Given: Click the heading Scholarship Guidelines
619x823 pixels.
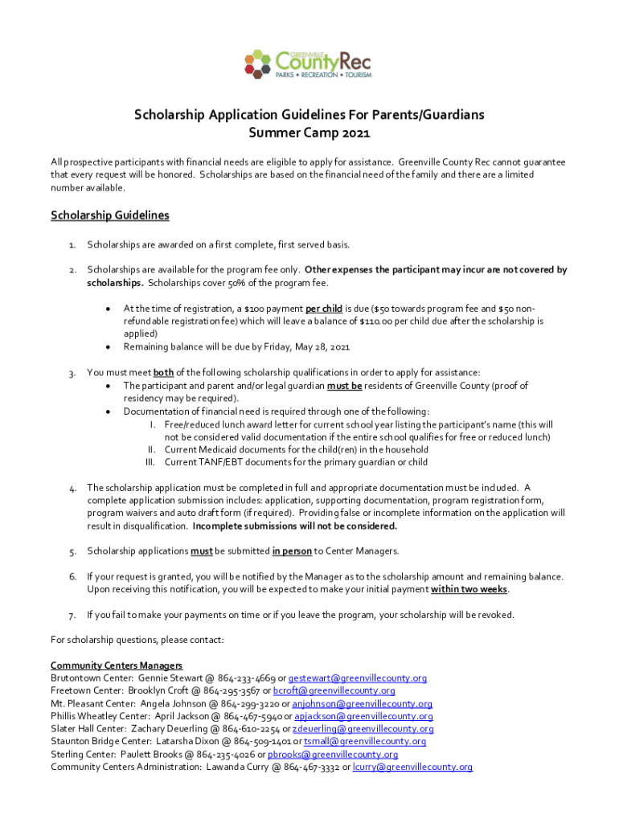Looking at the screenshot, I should point(110,215).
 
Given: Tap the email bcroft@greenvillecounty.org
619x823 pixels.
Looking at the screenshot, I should point(334,690).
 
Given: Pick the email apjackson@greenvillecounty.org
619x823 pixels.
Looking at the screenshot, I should point(364,716).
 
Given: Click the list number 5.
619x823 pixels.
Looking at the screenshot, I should point(72,551).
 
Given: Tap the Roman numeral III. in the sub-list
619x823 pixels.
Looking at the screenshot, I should point(150,462).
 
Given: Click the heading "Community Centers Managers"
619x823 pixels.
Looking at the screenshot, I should point(117,665).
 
